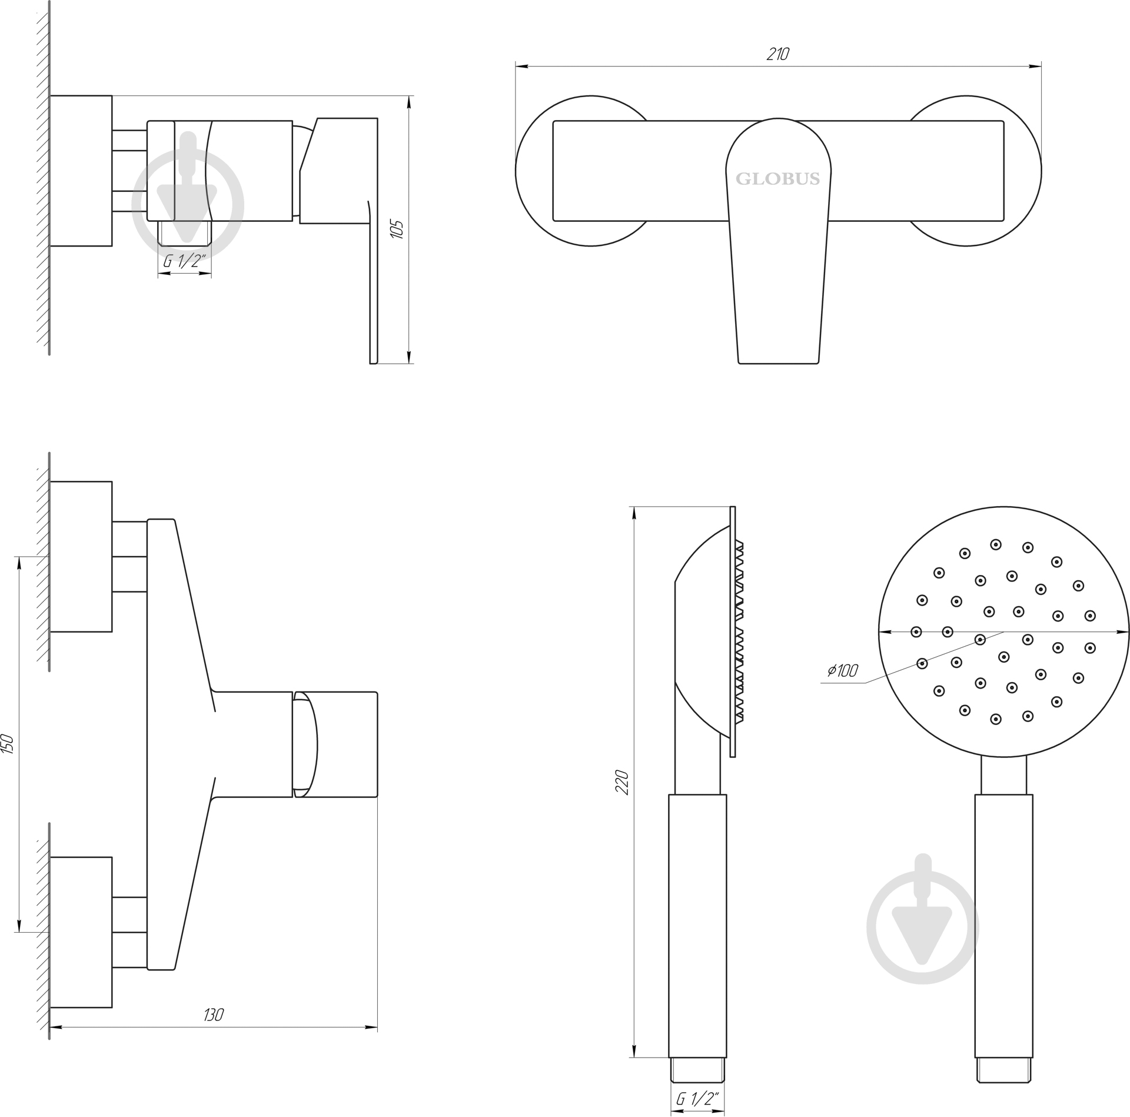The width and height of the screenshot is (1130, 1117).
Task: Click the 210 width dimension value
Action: pyautogui.click(x=777, y=54)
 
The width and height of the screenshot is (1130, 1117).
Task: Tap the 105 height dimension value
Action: pyautogui.click(x=397, y=229)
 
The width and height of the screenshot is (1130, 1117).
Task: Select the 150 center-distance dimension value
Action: pyautogui.click(x=9, y=744)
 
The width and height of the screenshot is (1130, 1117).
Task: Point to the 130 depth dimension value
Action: pyautogui.click(x=214, y=1015)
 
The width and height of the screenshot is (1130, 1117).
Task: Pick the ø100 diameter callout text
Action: pyautogui.click(x=842, y=670)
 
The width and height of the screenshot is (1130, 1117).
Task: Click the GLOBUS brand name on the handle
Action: pyautogui.click(x=777, y=179)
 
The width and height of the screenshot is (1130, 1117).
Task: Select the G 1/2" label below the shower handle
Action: pyautogui.click(x=698, y=1098)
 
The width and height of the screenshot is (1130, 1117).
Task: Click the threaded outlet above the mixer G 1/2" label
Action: pyautogui.click(x=184, y=232)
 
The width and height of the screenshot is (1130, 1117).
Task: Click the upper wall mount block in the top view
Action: pyautogui.click(x=81, y=556)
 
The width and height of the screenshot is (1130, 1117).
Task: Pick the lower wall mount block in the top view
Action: pyautogui.click(x=81, y=932)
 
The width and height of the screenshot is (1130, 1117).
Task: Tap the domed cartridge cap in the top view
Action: pyautogui.click(x=305, y=744)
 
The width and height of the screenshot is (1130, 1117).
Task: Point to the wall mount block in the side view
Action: pyautogui.click(x=81, y=171)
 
